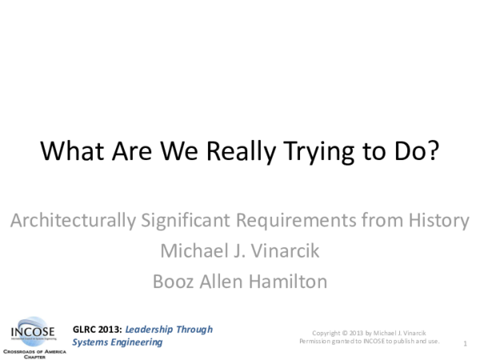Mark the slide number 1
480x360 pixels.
tap(465, 343)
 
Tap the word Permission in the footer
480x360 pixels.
tap(314, 341)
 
